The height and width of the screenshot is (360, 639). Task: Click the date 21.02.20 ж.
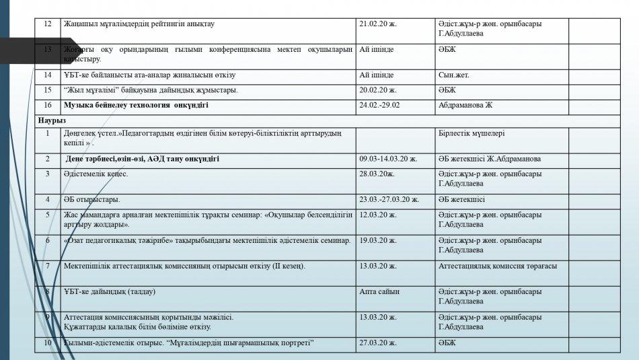378,24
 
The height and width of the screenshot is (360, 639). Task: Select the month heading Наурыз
51,119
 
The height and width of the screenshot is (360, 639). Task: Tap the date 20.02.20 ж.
378,89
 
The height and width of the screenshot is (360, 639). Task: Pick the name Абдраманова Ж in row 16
465,105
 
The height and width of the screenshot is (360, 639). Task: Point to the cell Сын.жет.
454,75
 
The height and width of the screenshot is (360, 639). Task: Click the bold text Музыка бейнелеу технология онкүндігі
136,105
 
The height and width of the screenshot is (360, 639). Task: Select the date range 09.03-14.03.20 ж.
388,159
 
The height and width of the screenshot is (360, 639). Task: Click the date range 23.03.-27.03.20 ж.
389,199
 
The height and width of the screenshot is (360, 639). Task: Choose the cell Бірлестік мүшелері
471,133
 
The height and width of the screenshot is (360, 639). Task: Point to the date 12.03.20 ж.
378,215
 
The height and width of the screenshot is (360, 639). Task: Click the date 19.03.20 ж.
378,240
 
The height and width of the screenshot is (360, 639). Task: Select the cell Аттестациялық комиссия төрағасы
497,266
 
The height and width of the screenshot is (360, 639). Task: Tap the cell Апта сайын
379,291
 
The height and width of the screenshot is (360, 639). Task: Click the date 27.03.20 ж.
378,343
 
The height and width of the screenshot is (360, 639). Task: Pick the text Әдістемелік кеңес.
96,174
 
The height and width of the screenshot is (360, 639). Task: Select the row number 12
47,24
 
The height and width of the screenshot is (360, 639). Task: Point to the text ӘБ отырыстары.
92,199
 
